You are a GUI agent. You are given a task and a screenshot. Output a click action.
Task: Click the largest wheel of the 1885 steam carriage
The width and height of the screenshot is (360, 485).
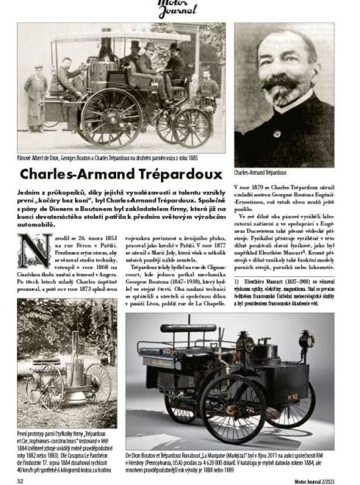coord(111,119)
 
